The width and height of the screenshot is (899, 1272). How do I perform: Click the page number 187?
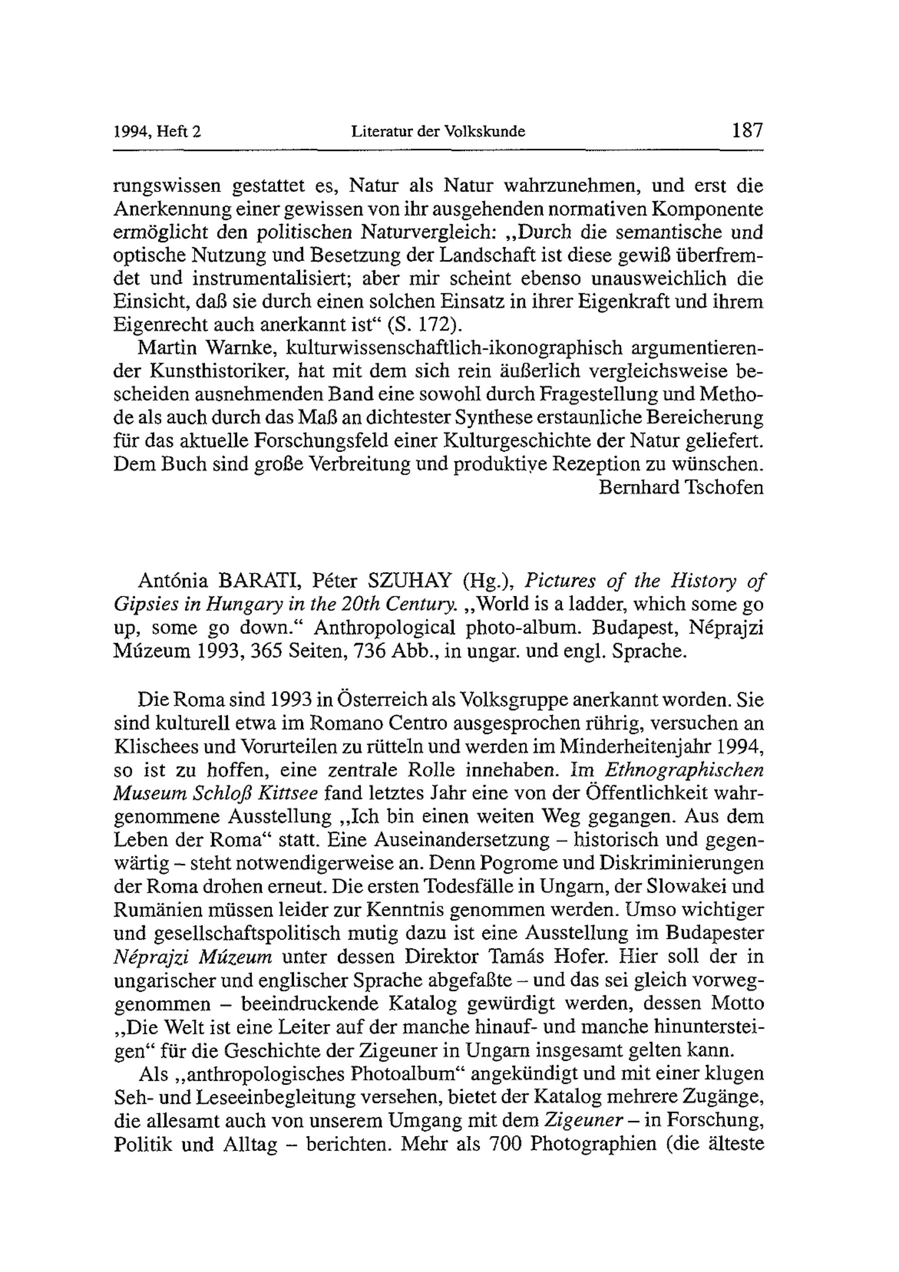[748, 131]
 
